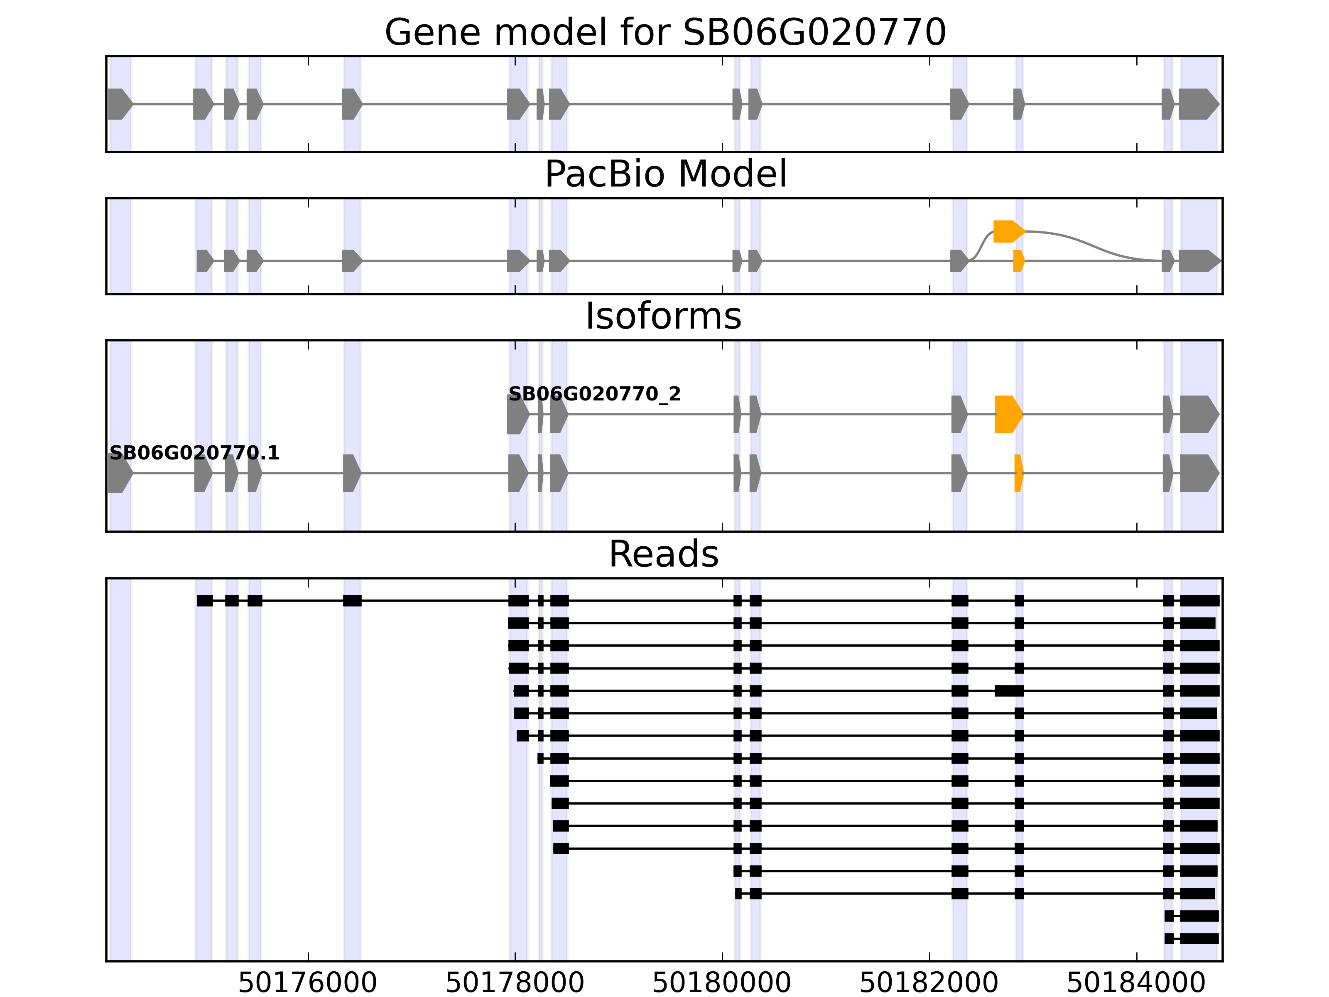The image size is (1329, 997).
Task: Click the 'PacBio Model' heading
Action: (x=664, y=174)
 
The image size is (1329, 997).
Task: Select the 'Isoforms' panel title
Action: (x=663, y=316)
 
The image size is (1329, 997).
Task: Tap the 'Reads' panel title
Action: (x=663, y=554)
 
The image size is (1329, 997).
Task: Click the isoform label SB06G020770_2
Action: (x=594, y=394)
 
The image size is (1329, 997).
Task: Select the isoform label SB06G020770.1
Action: (x=194, y=453)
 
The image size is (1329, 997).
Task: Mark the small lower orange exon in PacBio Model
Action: (x=1018, y=261)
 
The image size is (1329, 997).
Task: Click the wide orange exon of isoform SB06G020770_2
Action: (x=1008, y=414)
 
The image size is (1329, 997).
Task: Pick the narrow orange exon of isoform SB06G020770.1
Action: (x=1018, y=473)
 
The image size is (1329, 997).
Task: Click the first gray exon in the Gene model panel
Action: (x=119, y=104)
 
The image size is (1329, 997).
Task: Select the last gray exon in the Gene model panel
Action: (x=1197, y=104)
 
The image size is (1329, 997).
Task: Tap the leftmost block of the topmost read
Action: (x=205, y=600)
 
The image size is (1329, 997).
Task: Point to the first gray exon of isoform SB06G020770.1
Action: (x=119, y=473)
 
